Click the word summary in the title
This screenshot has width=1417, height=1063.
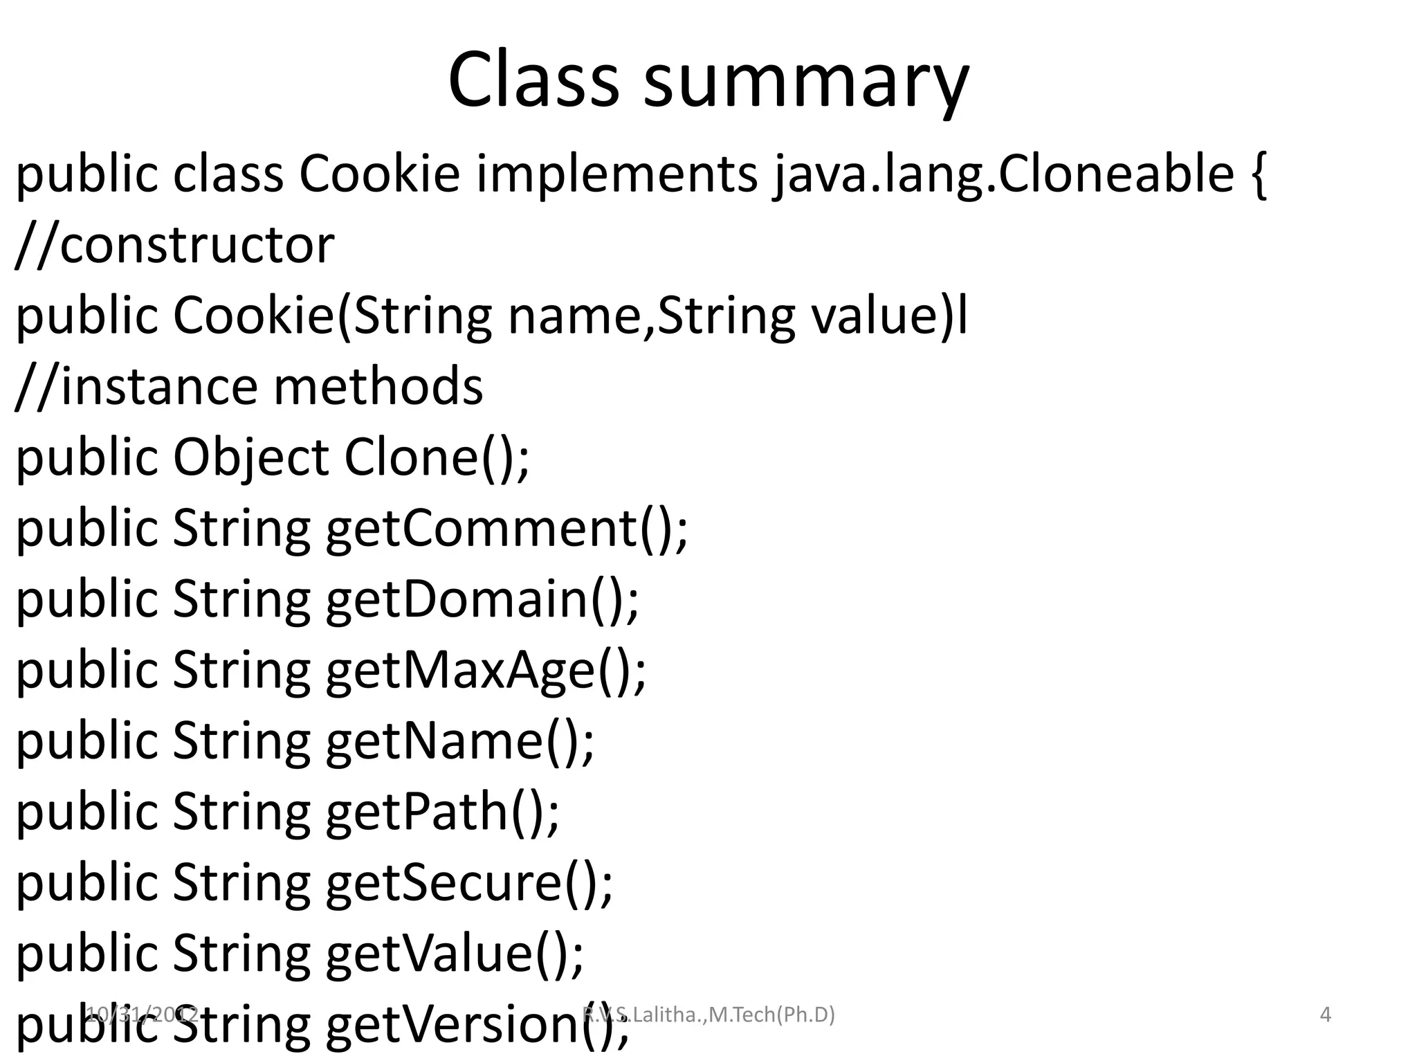(806, 82)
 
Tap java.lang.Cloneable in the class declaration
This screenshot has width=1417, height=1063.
(1003, 174)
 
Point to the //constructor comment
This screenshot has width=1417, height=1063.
(174, 245)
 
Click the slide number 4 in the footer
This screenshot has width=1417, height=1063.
(1326, 1015)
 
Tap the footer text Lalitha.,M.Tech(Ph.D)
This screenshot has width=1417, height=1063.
(733, 1015)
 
